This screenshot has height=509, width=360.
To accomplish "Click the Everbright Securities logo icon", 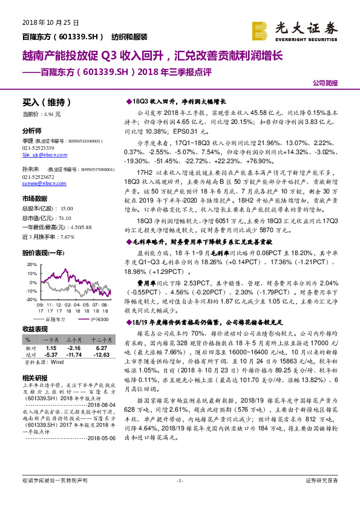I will (x=261, y=30).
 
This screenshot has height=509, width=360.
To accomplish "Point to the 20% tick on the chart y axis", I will (x=31, y=265).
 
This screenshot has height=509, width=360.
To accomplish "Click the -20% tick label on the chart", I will (x=30, y=300).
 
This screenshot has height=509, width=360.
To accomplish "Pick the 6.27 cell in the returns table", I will (x=102, y=349).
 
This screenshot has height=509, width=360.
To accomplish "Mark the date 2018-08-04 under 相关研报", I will (x=96, y=406).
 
